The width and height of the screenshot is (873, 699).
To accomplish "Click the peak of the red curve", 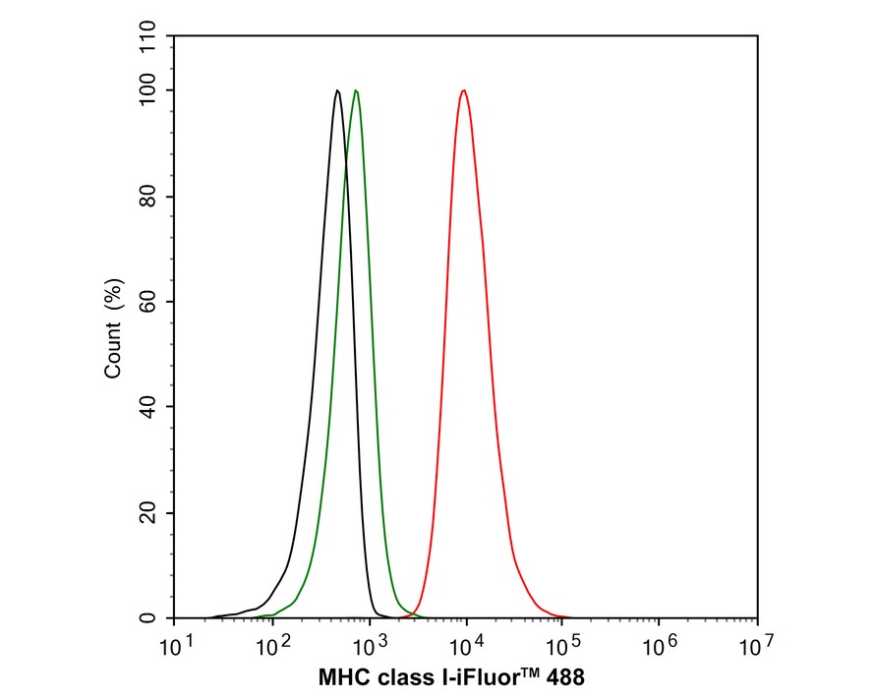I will coord(462,90).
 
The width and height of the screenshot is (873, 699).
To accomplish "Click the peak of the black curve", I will coord(337,90).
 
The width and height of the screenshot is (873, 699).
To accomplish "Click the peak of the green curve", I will coord(356,90).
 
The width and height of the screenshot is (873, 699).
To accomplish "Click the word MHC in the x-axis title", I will coord(341,678).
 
